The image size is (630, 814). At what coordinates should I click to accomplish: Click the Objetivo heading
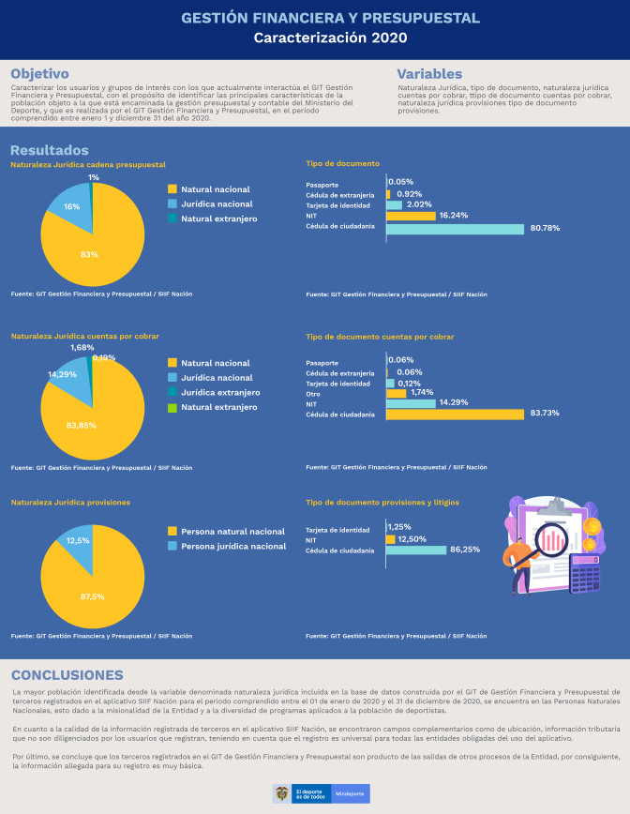[39, 74]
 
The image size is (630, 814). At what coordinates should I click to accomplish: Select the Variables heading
[428, 74]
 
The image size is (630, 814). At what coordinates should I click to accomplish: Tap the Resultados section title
[50, 150]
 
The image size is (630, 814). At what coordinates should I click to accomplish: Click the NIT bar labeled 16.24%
[412, 216]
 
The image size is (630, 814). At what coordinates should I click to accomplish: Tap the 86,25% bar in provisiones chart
[416, 550]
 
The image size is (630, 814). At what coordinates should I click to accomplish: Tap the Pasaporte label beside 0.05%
[322, 184]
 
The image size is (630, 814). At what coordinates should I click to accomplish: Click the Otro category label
[314, 394]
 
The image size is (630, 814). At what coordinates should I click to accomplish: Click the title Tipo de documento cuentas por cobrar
[380, 336]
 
